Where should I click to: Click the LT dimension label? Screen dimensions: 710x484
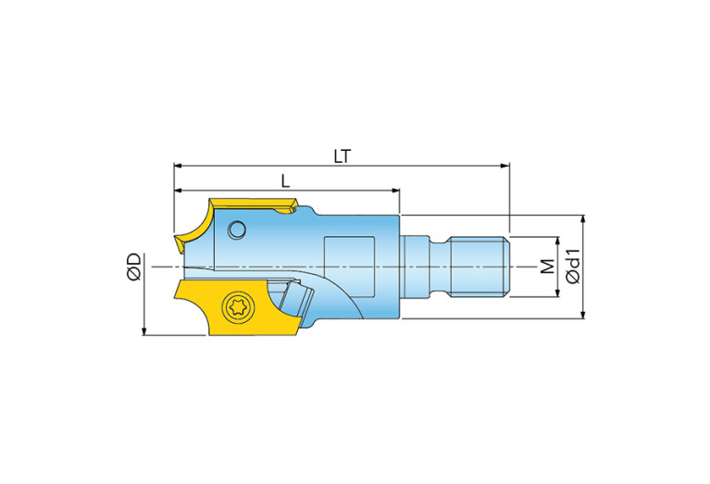[x=343, y=156]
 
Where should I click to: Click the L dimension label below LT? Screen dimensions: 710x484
[x=285, y=181]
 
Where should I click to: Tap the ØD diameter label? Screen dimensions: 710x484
[x=134, y=267]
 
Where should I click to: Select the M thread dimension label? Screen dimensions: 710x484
[x=548, y=267]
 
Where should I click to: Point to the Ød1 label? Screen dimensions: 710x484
[x=573, y=266]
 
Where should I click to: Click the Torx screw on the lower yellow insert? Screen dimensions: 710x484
[x=238, y=307]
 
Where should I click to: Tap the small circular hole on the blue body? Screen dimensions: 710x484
[x=237, y=230]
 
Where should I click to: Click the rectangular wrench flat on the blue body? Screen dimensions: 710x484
[x=349, y=267]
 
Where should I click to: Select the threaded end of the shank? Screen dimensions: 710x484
[x=480, y=267]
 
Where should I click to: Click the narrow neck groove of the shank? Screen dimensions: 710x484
[x=439, y=267]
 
